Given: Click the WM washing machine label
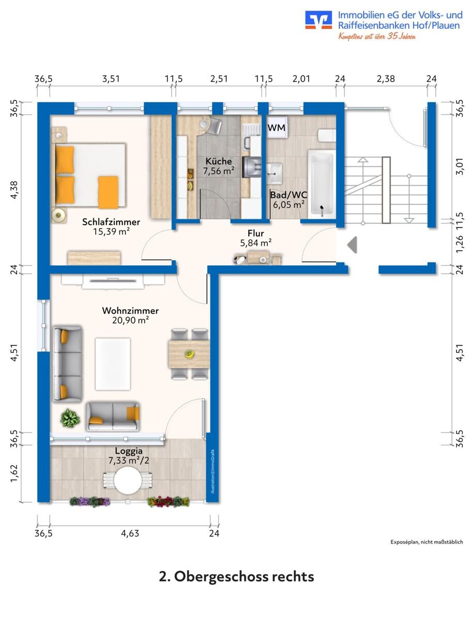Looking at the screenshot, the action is coord(277,128).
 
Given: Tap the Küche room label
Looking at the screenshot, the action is coord(219,161).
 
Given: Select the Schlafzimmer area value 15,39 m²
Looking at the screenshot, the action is coord(111,231).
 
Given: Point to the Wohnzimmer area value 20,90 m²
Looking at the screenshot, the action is coord(130,320).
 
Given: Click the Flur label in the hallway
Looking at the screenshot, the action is coord(256,234).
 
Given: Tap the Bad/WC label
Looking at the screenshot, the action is coord(288,195).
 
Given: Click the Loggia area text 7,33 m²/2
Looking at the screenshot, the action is coord(129,460).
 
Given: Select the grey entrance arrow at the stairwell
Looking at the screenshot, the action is coord(352,244).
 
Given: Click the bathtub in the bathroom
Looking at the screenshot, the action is coord(322,184).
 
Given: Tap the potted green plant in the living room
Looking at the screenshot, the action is coord(70,418).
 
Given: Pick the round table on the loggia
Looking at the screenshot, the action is coord(128,480).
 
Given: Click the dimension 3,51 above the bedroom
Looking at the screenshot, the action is coord(111,79).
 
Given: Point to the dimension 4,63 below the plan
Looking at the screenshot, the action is coord(130,534).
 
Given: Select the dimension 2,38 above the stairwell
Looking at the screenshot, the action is coord(386,79).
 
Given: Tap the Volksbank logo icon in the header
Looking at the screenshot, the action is coord(318,20).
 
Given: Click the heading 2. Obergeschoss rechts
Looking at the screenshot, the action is coord(237,577).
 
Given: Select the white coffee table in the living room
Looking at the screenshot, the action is coord(113,364).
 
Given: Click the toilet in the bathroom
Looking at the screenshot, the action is coord(327,135).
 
